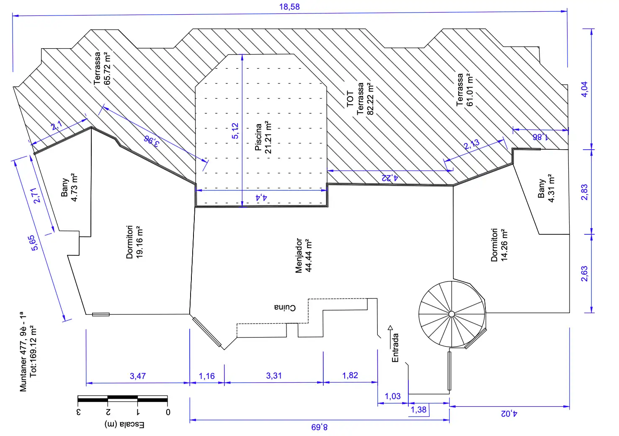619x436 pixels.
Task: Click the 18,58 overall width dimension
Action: coord(289,7)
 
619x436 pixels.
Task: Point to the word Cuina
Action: coord(285,307)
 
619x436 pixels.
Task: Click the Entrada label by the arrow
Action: coord(395,348)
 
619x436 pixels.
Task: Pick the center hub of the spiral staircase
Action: coord(451,314)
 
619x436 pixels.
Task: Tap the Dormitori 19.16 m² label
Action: coord(134,242)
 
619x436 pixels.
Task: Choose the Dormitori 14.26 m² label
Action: coord(499,245)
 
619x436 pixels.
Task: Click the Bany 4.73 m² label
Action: coord(69,187)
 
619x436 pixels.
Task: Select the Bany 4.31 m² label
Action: coord(546,188)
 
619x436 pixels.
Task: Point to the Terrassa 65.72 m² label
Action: coord(102,68)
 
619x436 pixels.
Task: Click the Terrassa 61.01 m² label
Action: coord(465,90)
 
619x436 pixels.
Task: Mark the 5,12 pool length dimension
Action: coord(235,131)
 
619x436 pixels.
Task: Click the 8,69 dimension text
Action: coord(320,427)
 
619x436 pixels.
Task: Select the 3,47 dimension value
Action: coord(138,376)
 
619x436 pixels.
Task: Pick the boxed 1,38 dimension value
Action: coord(419,410)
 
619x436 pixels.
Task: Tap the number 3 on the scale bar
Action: coord(78,412)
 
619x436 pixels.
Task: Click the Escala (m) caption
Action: coord(124,425)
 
